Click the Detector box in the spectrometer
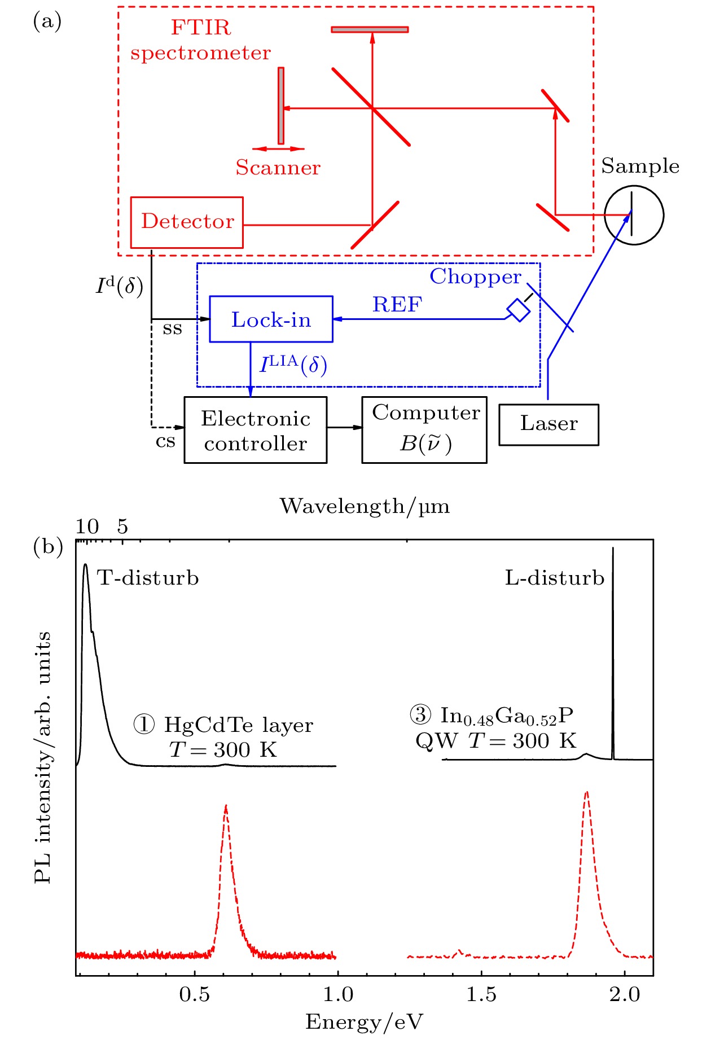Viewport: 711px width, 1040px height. tap(187, 222)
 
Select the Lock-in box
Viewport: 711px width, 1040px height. tap(271, 319)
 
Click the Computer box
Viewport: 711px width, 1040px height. tap(424, 430)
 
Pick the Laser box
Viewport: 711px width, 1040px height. tap(548, 424)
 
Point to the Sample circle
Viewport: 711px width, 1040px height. tap(634, 215)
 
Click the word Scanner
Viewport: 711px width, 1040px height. tap(278, 168)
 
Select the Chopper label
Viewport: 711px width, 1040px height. tap(475, 277)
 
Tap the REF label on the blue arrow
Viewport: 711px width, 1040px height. tap(397, 305)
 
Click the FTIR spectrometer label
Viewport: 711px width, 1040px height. tap(200, 40)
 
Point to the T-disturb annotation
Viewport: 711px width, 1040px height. tap(148, 578)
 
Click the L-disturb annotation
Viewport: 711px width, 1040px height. tap(554, 578)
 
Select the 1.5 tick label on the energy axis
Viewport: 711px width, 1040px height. tap(481, 994)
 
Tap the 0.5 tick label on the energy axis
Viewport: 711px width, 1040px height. tap(195, 994)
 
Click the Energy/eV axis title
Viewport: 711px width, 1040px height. tap(364, 1022)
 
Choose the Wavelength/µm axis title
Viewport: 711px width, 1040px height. tap(365, 506)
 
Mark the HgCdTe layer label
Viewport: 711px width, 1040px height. tap(238, 725)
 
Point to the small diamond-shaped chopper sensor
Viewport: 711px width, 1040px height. tap(518, 310)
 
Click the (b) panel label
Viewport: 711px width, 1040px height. tap(48, 547)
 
